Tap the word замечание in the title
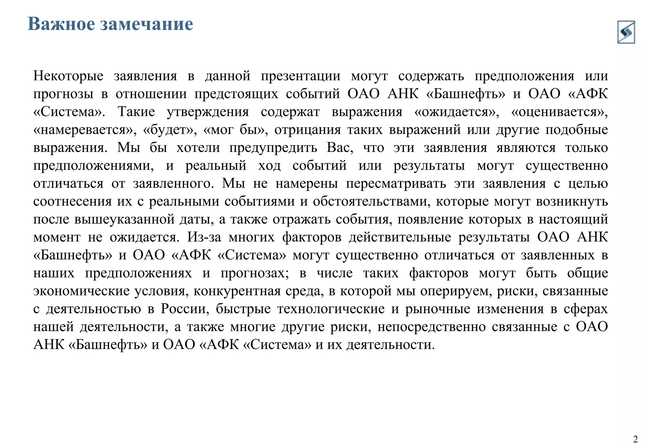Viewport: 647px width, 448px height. click(x=147, y=24)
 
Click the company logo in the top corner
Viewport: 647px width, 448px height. click(x=626, y=32)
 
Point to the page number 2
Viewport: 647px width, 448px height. click(x=635, y=439)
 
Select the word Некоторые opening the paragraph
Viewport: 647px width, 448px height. click(x=68, y=76)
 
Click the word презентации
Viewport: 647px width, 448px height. click(x=300, y=76)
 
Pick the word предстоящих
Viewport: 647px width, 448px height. click(x=236, y=94)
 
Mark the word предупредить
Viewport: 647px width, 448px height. click(x=273, y=148)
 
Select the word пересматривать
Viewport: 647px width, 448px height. click(x=396, y=184)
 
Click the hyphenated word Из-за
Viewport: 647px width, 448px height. click(x=204, y=238)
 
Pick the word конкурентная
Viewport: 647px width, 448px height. click(x=237, y=291)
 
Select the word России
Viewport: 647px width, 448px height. click(x=185, y=309)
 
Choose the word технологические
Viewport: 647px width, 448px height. click(x=331, y=309)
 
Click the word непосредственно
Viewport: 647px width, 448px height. click(x=431, y=327)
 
